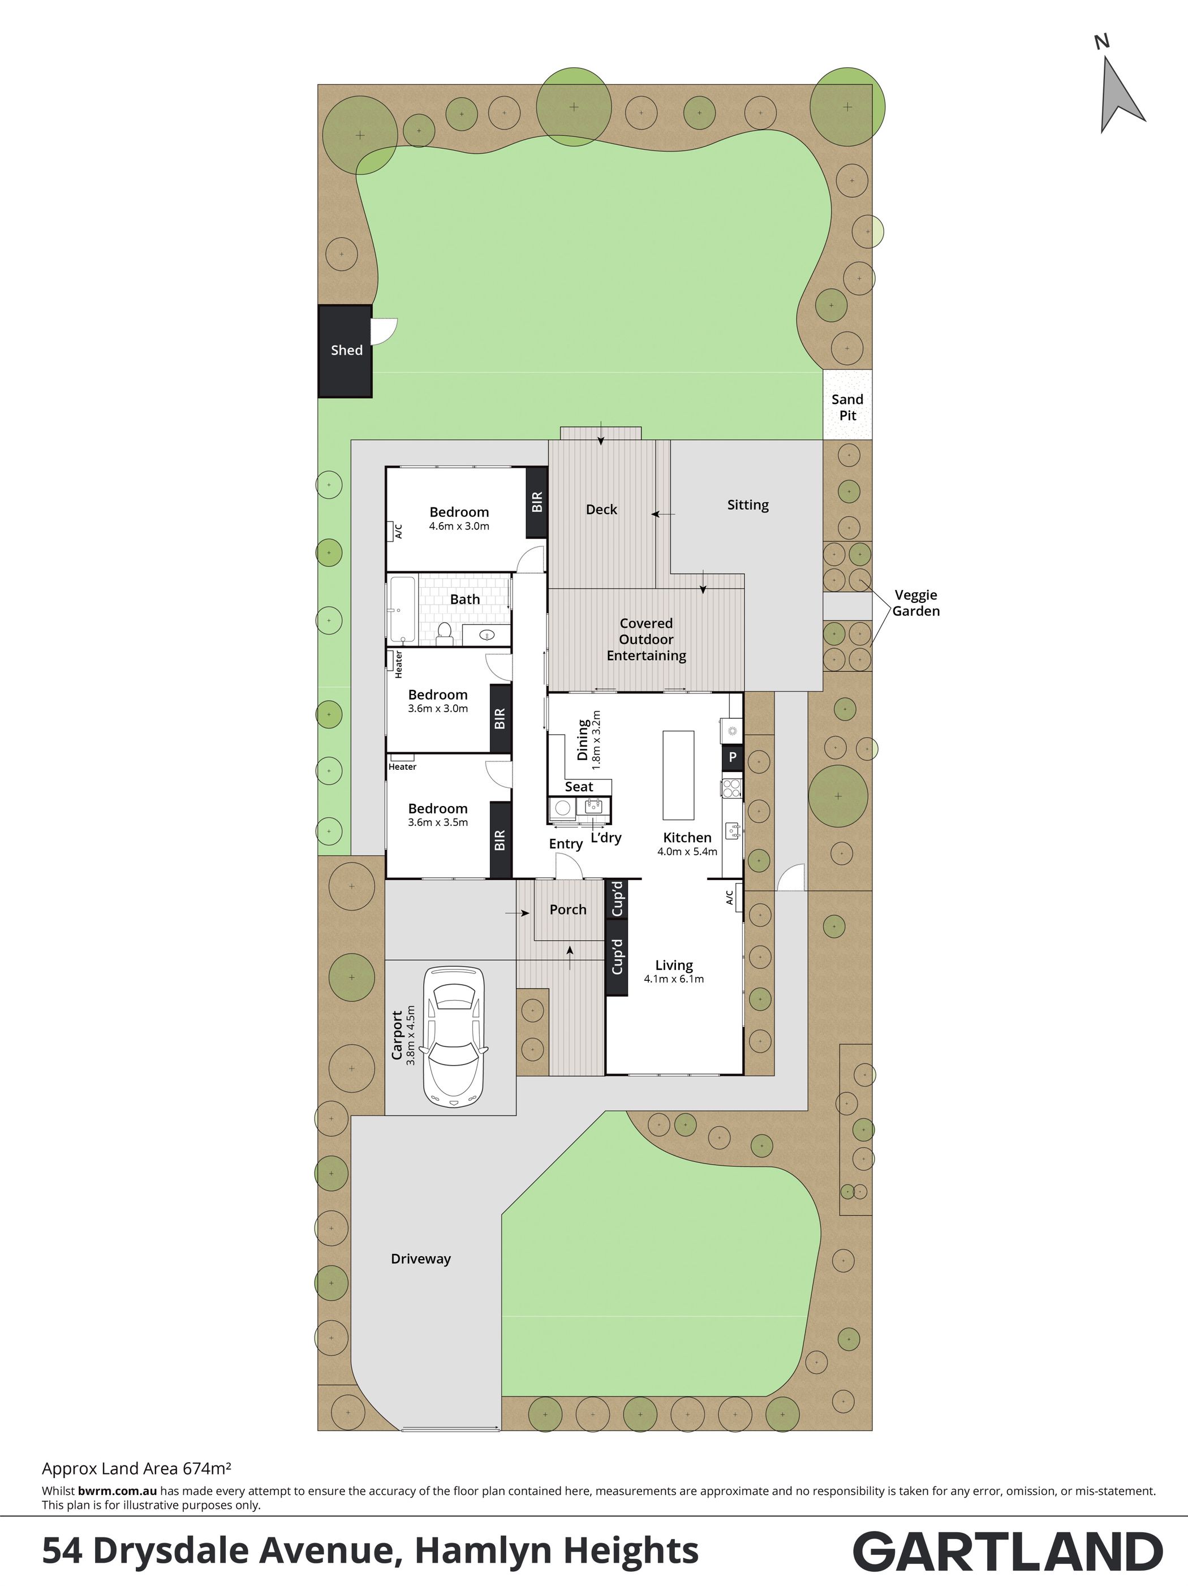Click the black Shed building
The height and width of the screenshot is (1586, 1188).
tap(345, 351)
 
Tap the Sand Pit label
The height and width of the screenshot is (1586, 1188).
tap(847, 407)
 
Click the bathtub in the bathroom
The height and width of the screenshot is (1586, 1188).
tap(402, 609)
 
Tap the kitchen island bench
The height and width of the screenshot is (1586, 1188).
tap(678, 774)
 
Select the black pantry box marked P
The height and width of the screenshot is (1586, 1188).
tap(733, 756)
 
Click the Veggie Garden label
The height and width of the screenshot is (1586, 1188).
tap(915, 603)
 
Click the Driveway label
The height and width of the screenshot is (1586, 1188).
tap(421, 1259)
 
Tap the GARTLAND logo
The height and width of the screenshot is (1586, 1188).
tap(1008, 1551)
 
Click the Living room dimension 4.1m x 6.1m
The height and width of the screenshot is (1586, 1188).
tap(674, 979)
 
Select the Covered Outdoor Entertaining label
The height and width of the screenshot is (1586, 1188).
tap(647, 640)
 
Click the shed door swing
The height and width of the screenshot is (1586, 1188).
tap(384, 331)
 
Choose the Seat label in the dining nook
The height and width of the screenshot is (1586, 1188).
tap(579, 787)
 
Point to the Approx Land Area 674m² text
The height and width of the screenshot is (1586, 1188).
tap(136, 1468)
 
